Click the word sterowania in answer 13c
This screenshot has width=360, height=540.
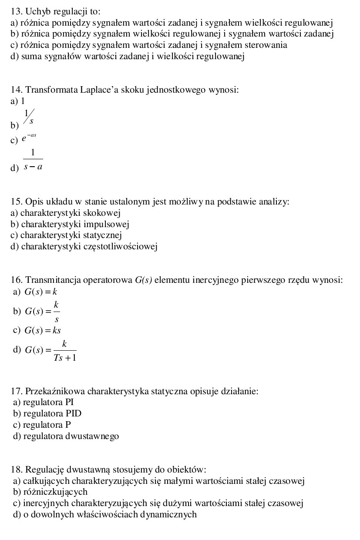(x=266, y=45)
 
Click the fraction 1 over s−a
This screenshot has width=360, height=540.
(x=33, y=160)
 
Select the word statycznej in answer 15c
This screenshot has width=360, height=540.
(x=103, y=235)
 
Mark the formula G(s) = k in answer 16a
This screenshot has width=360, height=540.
(x=41, y=292)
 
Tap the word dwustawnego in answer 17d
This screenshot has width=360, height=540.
(x=92, y=436)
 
